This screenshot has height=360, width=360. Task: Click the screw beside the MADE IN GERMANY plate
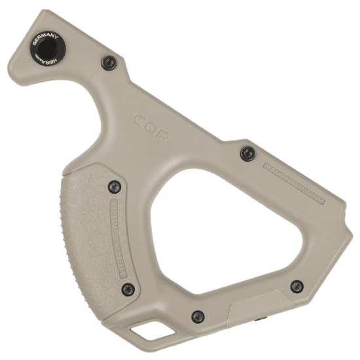click(247, 153)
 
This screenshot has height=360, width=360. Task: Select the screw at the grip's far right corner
click(297, 286)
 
